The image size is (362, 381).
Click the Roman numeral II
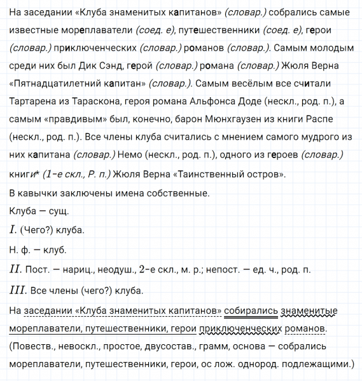click(x=15, y=269)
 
